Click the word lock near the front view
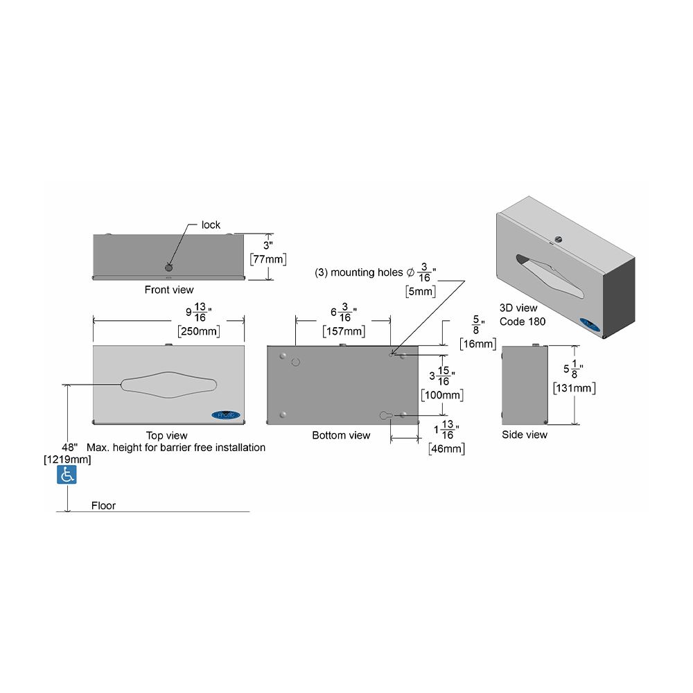point(211,225)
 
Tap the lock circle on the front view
point(169,267)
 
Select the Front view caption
point(169,290)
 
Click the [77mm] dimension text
point(268,259)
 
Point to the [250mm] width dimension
point(199,331)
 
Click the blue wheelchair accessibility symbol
point(67,475)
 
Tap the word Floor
point(103,506)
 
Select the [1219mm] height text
point(67,459)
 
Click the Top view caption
point(166,436)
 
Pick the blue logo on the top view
point(226,415)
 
